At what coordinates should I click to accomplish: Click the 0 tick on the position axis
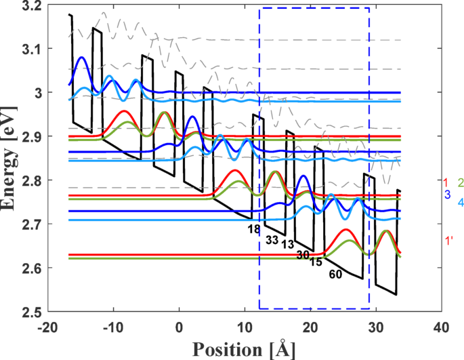(179, 326)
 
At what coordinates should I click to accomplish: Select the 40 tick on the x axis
(441, 326)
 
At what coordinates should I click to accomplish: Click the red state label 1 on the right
(446, 182)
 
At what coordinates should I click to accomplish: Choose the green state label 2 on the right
(460, 182)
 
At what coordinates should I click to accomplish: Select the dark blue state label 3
(447, 195)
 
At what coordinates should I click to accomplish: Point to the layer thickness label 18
(254, 230)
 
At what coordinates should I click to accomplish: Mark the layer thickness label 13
(287, 244)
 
